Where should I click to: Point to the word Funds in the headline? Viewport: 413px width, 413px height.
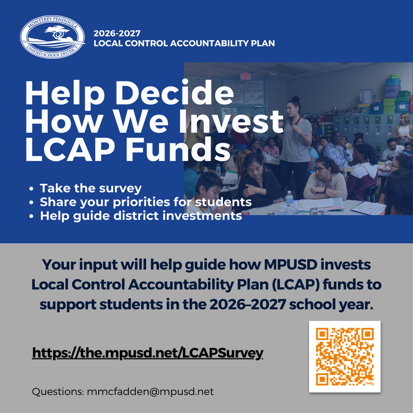pos(178,150)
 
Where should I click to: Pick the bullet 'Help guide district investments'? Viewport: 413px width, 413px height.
pos(141,216)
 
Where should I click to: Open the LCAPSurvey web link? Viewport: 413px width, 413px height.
pos(148,353)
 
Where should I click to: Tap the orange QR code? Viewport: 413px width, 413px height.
pos(344,357)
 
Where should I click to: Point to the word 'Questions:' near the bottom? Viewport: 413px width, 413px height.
pos(56,391)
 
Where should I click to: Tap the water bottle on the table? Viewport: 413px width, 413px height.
pos(289,199)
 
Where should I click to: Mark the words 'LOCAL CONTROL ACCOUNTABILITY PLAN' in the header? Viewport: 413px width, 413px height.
pos(184,43)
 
